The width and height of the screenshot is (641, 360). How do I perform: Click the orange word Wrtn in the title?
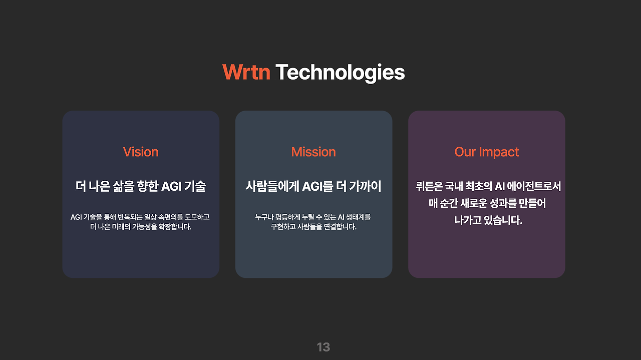246,73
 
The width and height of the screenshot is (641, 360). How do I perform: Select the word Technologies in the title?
340,73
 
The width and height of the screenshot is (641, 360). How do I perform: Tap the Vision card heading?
141,152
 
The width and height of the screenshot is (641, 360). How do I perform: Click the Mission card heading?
313,152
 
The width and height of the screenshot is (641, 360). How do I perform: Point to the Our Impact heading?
486,152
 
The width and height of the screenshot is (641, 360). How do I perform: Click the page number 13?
324,347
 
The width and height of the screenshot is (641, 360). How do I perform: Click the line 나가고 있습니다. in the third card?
488,220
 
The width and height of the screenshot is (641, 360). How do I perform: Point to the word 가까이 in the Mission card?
365,187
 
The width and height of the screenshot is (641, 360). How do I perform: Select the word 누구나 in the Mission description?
264,217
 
